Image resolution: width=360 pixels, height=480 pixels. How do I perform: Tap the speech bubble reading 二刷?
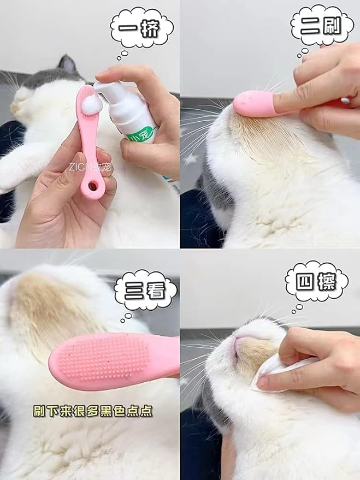pos(322,25)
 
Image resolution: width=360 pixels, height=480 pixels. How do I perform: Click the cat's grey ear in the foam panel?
pos(68,64)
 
